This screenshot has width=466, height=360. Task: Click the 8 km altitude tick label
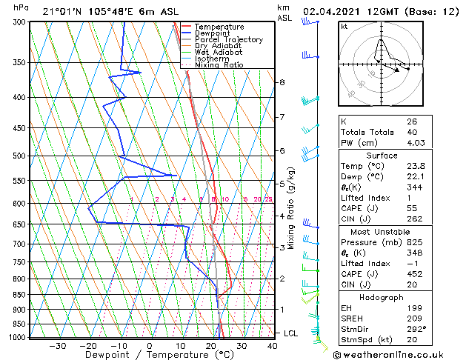click(x=282, y=82)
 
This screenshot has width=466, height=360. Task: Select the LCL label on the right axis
click(x=290, y=333)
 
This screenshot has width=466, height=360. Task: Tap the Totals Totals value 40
click(x=411, y=132)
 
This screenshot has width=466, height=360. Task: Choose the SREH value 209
click(x=413, y=319)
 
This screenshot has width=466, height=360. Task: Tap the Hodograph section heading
click(x=382, y=297)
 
